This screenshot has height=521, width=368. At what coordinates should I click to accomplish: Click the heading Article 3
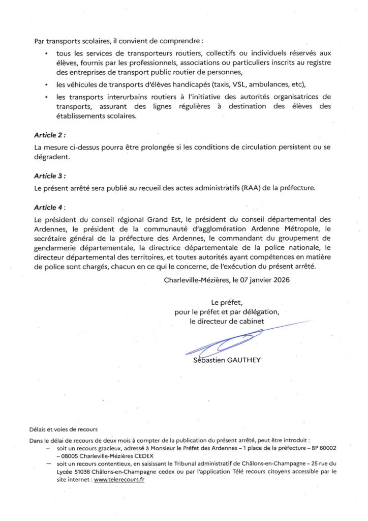pyautogui.click(x=49, y=176)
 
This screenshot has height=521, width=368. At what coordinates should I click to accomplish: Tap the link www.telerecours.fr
pyautogui.click(x=119, y=479)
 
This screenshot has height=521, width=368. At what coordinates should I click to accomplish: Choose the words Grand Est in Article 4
pyautogui.click(x=162, y=219)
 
